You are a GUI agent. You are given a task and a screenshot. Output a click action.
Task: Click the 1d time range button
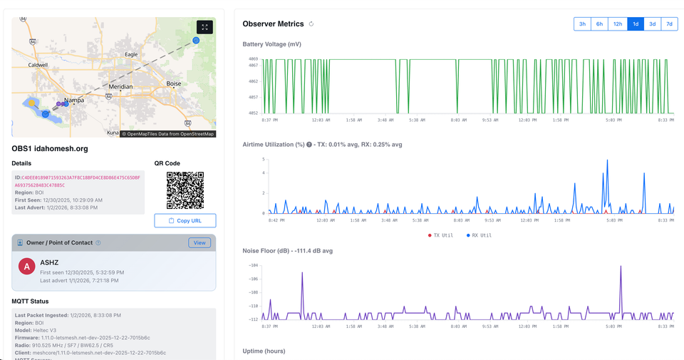(x=636, y=24)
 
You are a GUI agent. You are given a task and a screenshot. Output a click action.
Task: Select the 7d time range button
(x=669, y=24)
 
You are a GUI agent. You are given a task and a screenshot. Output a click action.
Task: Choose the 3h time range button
(x=582, y=24)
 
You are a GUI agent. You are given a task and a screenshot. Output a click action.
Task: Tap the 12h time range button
(x=617, y=24)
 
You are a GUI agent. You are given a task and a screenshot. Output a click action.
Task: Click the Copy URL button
(x=185, y=221)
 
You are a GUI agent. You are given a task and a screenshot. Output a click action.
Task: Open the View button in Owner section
(x=199, y=243)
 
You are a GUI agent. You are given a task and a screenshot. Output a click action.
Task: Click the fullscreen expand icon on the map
(x=204, y=27)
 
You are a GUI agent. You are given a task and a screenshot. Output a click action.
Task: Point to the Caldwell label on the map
(x=37, y=65)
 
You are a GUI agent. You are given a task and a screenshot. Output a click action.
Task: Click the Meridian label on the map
(x=120, y=86)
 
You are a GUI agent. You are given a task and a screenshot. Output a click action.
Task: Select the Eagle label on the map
(x=131, y=54)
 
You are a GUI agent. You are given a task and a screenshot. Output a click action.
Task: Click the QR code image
(x=185, y=190)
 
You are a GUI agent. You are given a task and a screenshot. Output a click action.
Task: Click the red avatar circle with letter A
(x=27, y=267)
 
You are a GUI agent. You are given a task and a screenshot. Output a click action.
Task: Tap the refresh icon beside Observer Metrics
(x=311, y=24)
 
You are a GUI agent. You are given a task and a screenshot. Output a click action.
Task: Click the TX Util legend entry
(x=441, y=235)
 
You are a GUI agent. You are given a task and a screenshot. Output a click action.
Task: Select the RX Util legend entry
(x=480, y=235)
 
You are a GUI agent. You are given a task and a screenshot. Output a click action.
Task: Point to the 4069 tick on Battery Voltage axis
(x=254, y=58)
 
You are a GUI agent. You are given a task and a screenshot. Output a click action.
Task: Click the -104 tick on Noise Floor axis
(x=254, y=265)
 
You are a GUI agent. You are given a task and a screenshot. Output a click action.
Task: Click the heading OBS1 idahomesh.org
(x=50, y=148)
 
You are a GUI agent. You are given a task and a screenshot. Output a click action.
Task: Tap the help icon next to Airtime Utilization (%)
(x=309, y=145)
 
